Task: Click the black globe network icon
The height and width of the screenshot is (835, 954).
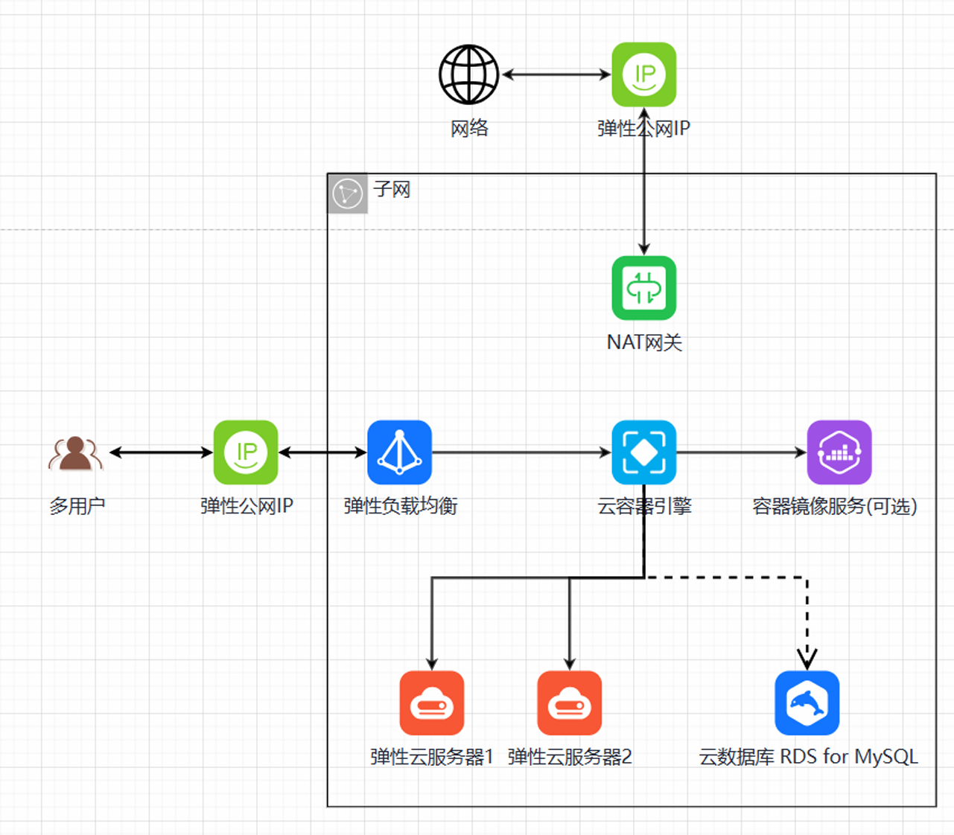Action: coord(468,74)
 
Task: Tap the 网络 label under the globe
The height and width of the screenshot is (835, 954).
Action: coord(469,129)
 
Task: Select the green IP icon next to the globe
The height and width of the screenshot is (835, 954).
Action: coord(644,74)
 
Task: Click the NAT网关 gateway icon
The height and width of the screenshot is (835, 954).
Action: coord(644,288)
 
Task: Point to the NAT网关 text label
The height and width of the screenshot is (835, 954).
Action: coord(644,342)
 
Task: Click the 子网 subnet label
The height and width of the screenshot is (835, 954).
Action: coord(392,189)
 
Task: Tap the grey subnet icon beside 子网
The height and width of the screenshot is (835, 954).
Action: coord(348,193)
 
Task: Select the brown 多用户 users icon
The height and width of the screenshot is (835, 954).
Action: coord(75,452)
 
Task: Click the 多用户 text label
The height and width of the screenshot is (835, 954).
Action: coord(77,506)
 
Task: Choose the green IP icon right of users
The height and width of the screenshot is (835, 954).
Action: coord(246,452)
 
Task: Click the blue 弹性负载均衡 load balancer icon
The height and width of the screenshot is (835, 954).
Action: coord(400,452)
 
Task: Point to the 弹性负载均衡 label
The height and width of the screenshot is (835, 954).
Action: coord(400,506)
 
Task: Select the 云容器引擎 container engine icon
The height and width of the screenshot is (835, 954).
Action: coord(644,452)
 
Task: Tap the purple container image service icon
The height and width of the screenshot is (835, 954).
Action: coord(839,452)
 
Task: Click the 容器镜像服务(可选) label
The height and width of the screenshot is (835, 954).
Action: coord(834,506)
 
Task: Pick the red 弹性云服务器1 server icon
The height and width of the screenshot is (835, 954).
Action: coord(432,703)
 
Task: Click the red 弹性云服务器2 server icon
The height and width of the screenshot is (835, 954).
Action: coord(570,703)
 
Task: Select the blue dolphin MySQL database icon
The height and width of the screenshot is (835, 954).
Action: coord(807,703)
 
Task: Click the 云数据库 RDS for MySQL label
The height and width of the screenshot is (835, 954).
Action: coord(808,757)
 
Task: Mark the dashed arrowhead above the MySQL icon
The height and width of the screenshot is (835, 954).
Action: coord(807,659)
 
